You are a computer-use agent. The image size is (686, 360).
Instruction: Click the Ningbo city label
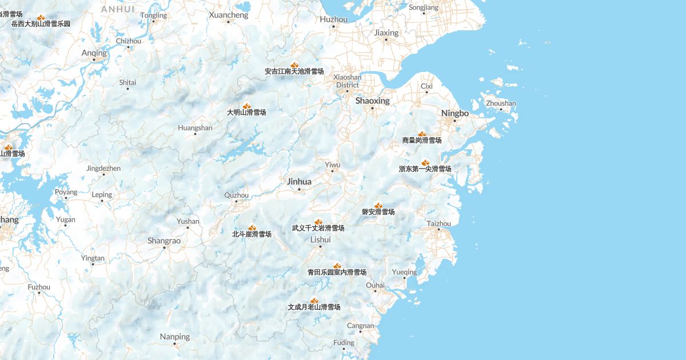454,113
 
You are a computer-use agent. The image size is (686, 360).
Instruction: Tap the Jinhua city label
299,182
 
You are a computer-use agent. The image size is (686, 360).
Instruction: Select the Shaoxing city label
372,101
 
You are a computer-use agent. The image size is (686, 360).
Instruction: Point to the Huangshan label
195,127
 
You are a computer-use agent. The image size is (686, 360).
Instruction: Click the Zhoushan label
501,103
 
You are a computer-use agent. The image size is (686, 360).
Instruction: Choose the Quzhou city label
236,195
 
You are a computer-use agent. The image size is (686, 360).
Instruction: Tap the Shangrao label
164,241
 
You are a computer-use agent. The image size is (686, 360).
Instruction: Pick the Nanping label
174,336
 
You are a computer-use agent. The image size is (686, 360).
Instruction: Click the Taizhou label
438,223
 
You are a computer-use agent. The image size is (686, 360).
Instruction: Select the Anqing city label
94,53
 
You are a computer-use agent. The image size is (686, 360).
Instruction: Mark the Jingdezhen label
103,168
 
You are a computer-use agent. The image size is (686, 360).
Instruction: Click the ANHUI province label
118,9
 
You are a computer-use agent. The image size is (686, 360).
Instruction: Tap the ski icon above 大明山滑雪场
247,106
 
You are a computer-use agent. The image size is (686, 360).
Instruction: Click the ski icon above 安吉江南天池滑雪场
294,65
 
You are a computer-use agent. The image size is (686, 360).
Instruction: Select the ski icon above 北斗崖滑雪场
252,227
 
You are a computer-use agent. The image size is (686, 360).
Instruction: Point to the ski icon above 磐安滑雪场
378,205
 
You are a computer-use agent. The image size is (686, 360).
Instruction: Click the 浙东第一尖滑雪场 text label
425,169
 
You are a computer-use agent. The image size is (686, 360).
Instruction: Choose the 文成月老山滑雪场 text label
314,307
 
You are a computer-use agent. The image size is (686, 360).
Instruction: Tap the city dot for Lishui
320,246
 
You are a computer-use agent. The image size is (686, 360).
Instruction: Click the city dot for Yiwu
332,171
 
